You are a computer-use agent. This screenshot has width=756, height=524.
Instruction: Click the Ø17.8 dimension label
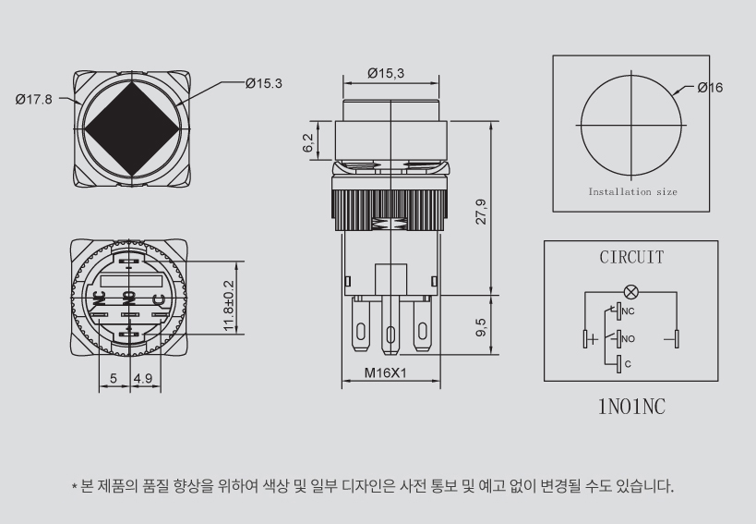[33, 100]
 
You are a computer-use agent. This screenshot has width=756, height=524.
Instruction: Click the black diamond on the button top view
[132, 128]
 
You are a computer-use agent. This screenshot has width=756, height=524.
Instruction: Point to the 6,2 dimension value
[308, 143]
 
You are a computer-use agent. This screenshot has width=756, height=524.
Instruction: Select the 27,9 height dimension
[481, 212]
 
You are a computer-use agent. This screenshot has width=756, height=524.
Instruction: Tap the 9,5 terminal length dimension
[481, 326]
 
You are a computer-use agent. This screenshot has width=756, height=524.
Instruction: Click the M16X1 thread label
[385, 372]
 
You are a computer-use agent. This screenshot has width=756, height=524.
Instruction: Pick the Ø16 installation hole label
[710, 87]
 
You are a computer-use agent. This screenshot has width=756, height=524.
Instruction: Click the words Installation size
[632, 191]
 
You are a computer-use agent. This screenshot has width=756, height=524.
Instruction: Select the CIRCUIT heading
[631, 257]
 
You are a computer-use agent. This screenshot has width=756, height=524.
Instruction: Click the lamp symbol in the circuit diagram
[630, 292]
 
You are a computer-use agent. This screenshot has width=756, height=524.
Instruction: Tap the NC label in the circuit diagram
[628, 311]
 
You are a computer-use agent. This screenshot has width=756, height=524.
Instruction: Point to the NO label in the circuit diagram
[629, 339]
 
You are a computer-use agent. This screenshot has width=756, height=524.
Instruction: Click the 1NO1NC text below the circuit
[631, 407]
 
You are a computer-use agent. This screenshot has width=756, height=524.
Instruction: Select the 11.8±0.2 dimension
[229, 306]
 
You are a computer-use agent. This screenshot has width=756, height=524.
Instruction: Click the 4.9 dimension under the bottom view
[143, 378]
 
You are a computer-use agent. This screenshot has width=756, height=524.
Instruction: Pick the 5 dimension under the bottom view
[114, 378]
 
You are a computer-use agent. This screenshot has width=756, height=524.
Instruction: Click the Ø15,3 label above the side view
[386, 73]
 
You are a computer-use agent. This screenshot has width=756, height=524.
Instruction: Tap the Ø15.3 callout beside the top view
[264, 83]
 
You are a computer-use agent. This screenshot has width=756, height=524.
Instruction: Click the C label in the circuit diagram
[628, 364]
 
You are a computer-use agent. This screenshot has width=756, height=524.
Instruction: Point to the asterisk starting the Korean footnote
[74, 486]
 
